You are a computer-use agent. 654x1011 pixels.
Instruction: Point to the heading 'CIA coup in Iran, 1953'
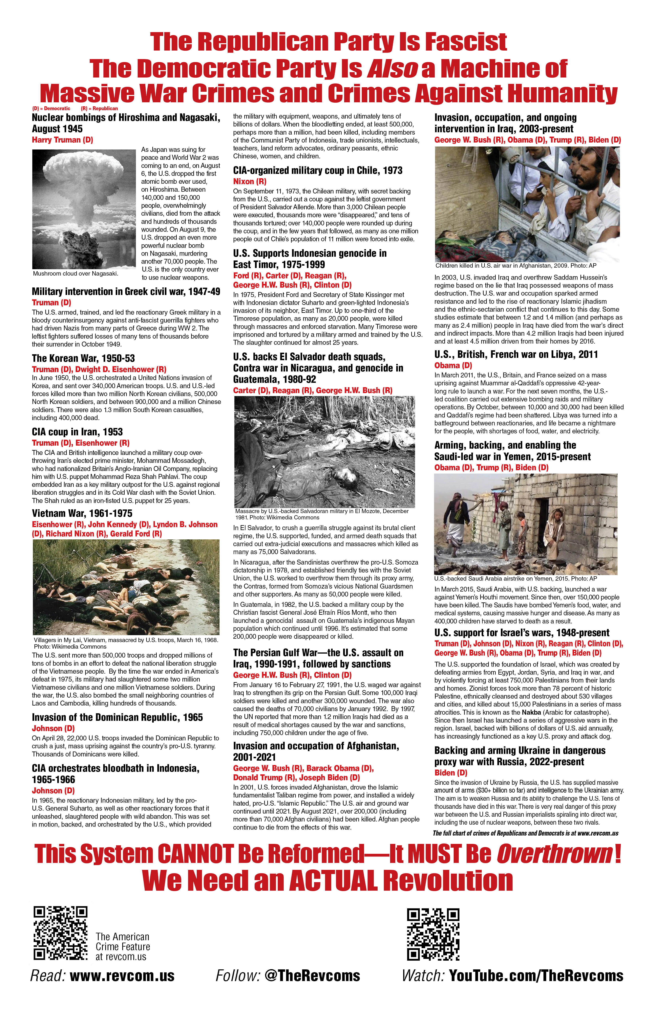[77, 432]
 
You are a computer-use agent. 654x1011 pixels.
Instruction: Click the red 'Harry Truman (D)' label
[62, 140]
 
